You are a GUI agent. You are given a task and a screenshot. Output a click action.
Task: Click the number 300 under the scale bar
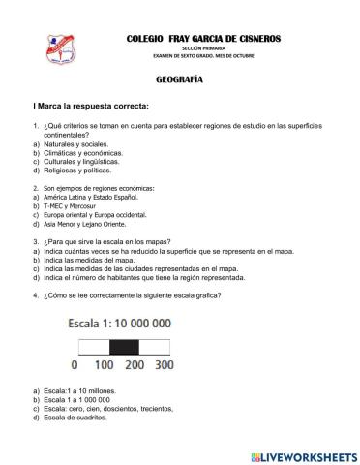pyautogui.click(x=165, y=366)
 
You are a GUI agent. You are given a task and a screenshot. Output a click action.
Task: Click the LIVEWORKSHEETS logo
pyautogui.click(x=304, y=455)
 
